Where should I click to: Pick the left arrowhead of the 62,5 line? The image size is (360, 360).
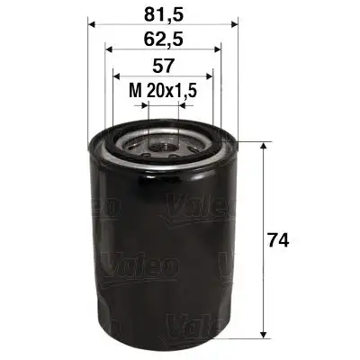108,51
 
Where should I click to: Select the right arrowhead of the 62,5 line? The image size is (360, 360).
218,51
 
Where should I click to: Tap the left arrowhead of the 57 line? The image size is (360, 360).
114,77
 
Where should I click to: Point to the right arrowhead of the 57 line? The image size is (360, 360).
211,77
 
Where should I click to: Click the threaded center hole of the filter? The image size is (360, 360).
163,142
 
